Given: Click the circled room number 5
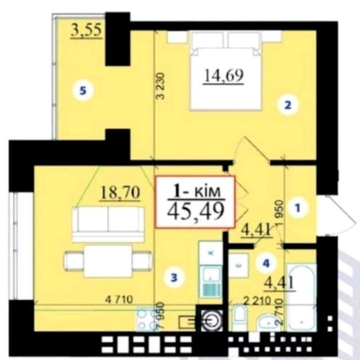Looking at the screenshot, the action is pyautogui.click(x=83, y=91).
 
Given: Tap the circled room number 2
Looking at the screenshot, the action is pyautogui.click(x=288, y=105).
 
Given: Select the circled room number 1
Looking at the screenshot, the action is pyautogui.click(x=297, y=208).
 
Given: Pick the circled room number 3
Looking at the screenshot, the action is pyautogui.click(x=174, y=278).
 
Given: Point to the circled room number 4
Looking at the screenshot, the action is pyautogui.click(x=266, y=263).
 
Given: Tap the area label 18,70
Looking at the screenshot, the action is pyautogui.click(x=120, y=193).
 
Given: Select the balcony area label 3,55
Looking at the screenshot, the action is pyautogui.click(x=86, y=30).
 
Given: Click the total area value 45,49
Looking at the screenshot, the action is pyautogui.click(x=195, y=211).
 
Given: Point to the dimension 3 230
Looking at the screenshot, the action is pyautogui.click(x=160, y=86).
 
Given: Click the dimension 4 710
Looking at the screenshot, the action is pyautogui.click(x=119, y=300).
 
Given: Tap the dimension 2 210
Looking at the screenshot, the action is pyautogui.click(x=258, y=300).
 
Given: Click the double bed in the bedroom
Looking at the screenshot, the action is pyautogui.click(x=226, y=71).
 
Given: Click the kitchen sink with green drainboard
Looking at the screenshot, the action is pyautogui.click(x=211, y=281).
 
